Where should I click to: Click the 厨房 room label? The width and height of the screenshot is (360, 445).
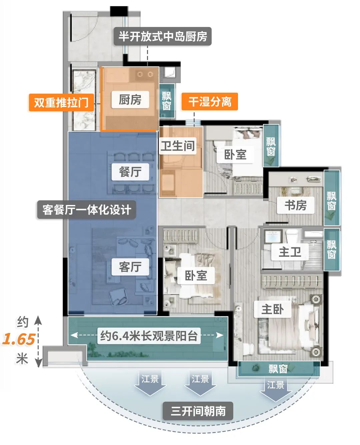point(130,99)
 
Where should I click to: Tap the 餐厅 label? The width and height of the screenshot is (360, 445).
point(130,172)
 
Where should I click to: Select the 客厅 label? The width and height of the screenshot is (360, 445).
point(130,267)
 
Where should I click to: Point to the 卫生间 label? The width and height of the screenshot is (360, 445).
point(178,146)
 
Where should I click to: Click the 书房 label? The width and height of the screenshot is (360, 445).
point(296,205)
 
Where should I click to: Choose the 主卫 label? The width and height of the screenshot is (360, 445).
point(290,252)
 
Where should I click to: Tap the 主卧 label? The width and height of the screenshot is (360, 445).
point(273,309)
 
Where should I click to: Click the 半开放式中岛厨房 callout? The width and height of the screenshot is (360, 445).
point(163,36)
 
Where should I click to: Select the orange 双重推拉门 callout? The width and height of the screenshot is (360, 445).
point(61,102)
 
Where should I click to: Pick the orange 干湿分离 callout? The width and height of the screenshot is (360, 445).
point(210,101)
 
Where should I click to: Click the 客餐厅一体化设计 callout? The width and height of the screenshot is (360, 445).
point(86,210)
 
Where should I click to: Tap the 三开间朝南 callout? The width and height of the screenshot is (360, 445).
point(198,411)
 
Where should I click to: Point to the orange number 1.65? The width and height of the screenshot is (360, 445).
point(19,339)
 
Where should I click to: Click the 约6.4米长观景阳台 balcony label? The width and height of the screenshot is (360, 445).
point(149,335)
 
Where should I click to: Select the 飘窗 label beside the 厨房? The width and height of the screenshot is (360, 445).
point(167,101)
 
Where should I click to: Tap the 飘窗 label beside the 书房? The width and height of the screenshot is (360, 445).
point(331,201)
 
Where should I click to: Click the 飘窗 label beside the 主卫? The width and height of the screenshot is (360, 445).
point(331,250)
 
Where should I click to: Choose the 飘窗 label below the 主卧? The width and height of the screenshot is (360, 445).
point(278,369)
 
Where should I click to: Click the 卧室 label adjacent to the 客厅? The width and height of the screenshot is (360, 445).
point(196,276)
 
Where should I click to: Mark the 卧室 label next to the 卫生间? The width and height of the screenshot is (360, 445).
point(235,154)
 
